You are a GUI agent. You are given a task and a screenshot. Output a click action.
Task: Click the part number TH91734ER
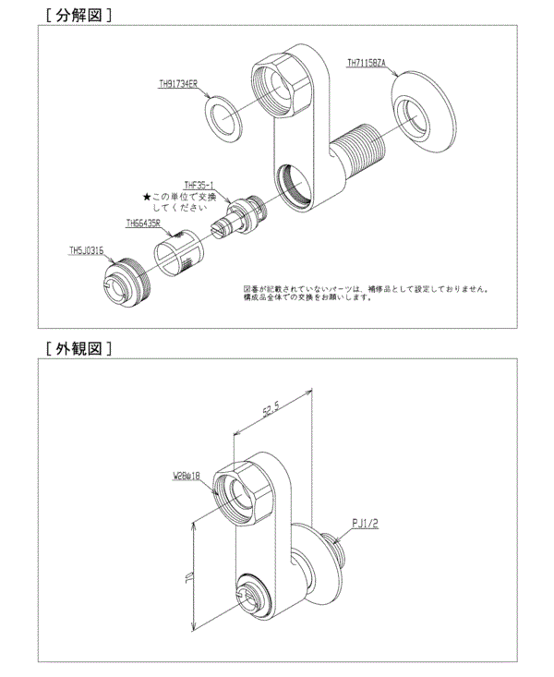pyautogui.click(x=178, y=82)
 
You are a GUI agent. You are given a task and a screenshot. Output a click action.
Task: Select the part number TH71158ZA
pyautogui.click(x=371, y=64)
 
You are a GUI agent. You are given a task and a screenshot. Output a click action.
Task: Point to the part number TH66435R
pyautogui.click(x=143, y=223)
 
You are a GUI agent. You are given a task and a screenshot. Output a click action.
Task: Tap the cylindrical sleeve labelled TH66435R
pyautogui.click(x=176, y=252)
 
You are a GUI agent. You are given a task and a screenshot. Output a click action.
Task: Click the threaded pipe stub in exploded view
pyautogui.click(x=361, y=149)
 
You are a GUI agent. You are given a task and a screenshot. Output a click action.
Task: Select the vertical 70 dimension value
pyautogui.click(x=186, y=576)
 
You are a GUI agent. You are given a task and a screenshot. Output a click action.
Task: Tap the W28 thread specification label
pyautogui.click(x=187, y=478)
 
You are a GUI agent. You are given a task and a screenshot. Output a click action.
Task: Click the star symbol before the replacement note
pyautogui.click(x=146, y=197)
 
